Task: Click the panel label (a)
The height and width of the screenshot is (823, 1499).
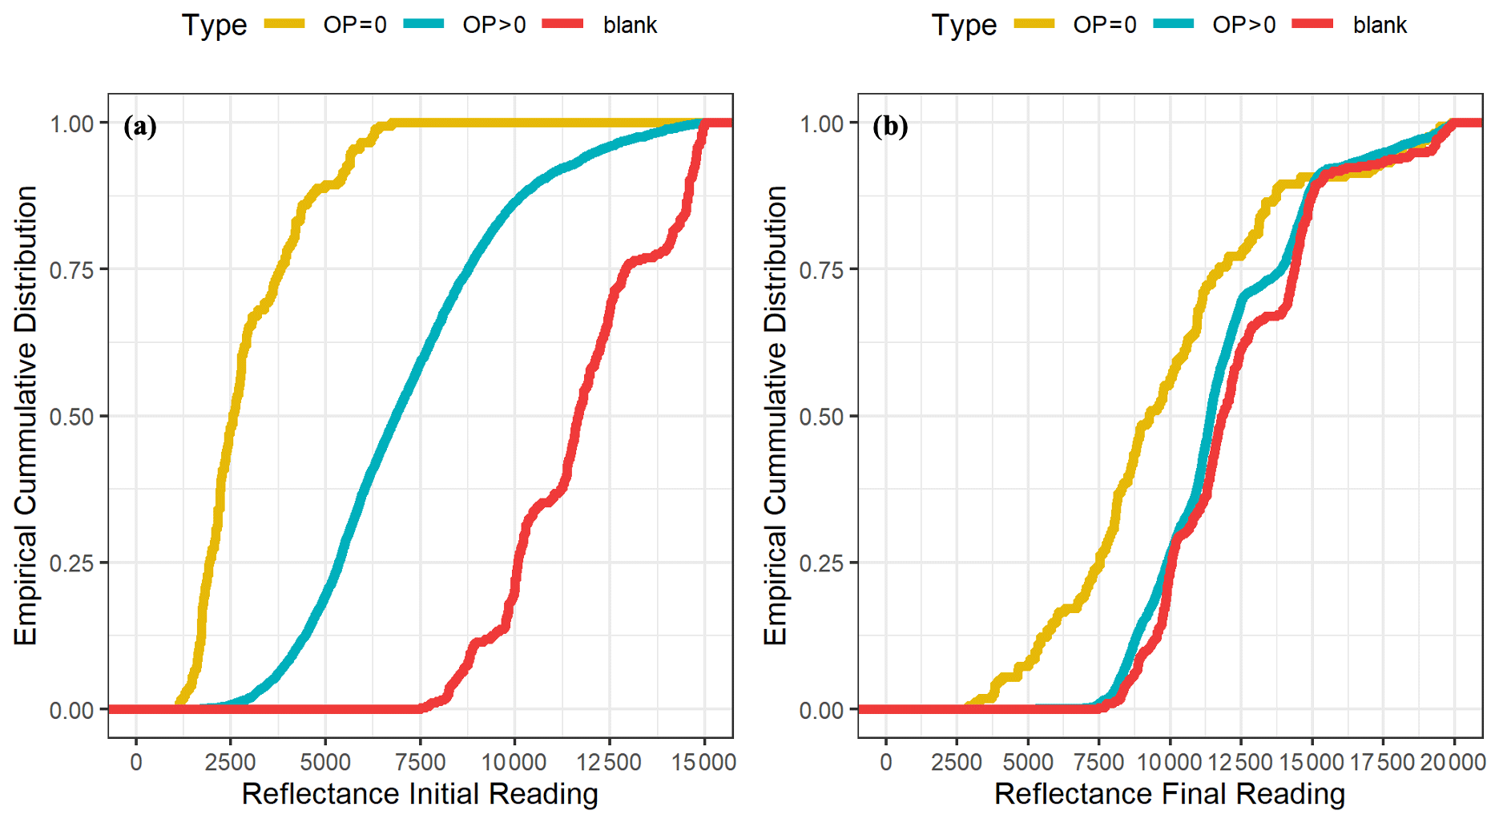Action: tap(140, 127)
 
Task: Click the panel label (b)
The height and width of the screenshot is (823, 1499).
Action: tap(890, 127)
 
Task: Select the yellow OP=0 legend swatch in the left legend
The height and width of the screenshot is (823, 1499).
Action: tap(284, 24)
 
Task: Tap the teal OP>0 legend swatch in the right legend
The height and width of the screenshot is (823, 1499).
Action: tap(1174, 24)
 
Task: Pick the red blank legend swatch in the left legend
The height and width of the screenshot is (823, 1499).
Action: tap(563, 24)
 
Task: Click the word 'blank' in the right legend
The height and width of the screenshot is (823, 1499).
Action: tap(1380, 26)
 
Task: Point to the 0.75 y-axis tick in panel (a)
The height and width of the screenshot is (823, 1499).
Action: tap(72, 270)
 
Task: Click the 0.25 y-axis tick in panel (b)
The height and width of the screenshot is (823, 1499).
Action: tap(822, 563)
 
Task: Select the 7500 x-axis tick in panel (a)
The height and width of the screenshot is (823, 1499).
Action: tap(420, 762)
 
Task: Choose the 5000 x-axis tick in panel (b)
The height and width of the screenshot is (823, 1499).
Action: tap(1028, 762)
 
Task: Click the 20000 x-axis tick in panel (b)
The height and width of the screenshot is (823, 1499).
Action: tap(1454, 762)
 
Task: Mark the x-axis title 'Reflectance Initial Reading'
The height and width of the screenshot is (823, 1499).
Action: tap(420, 794)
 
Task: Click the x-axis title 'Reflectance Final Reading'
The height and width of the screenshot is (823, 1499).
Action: tap(1170, 794)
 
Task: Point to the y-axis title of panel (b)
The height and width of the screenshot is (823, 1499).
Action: tap(776, 415)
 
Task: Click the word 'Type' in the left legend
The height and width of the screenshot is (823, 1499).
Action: tap(214, 25)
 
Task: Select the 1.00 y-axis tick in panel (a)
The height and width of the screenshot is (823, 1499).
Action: tap(72, 123)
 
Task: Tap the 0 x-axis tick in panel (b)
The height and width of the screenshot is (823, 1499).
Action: tap(885, 762)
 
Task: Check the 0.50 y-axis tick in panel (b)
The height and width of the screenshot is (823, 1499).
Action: tap(822, 417)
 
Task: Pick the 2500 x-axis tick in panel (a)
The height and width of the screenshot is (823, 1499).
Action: tap(230, 762)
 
